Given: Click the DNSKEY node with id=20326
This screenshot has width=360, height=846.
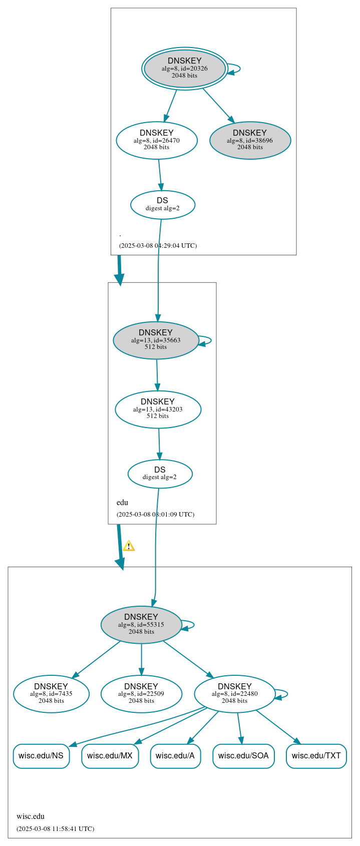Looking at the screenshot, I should (185, 69).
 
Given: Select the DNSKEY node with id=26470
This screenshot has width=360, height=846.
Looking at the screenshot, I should (157, 140).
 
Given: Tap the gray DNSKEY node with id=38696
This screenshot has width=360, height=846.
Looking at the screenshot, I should (250, 140).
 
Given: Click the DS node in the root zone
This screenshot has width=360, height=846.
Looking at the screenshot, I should (163, 204).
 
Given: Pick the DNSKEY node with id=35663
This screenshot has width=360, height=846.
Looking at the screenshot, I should (156, 340).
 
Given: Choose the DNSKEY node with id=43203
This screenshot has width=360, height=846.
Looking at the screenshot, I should (158, 409).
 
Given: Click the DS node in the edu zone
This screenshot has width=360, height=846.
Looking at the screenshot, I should (160, 474).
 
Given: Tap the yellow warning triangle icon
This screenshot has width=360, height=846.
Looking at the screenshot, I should (129, 546).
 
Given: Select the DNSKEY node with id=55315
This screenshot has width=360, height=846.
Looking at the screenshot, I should (141, 624).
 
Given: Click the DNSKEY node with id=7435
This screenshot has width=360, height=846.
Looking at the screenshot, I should (51, 694).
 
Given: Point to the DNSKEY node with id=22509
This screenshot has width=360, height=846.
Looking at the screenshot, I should (141, 694).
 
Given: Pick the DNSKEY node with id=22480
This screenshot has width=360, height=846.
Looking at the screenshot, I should (234, 694).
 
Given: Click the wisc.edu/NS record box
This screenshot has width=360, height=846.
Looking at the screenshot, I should (41, 756).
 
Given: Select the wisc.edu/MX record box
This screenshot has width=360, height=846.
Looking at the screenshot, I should (110, 756).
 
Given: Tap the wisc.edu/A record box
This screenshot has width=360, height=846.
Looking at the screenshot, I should (175, 756).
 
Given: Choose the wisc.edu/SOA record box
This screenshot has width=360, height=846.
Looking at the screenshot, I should (243, 756).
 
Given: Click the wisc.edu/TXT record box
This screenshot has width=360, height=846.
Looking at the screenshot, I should (316, 756).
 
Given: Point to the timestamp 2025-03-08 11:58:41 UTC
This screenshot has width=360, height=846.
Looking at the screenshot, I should (55, 828).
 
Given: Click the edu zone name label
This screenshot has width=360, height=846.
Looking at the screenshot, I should (122, 503).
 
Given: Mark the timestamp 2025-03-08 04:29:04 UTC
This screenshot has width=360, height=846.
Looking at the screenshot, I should (158, 246).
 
